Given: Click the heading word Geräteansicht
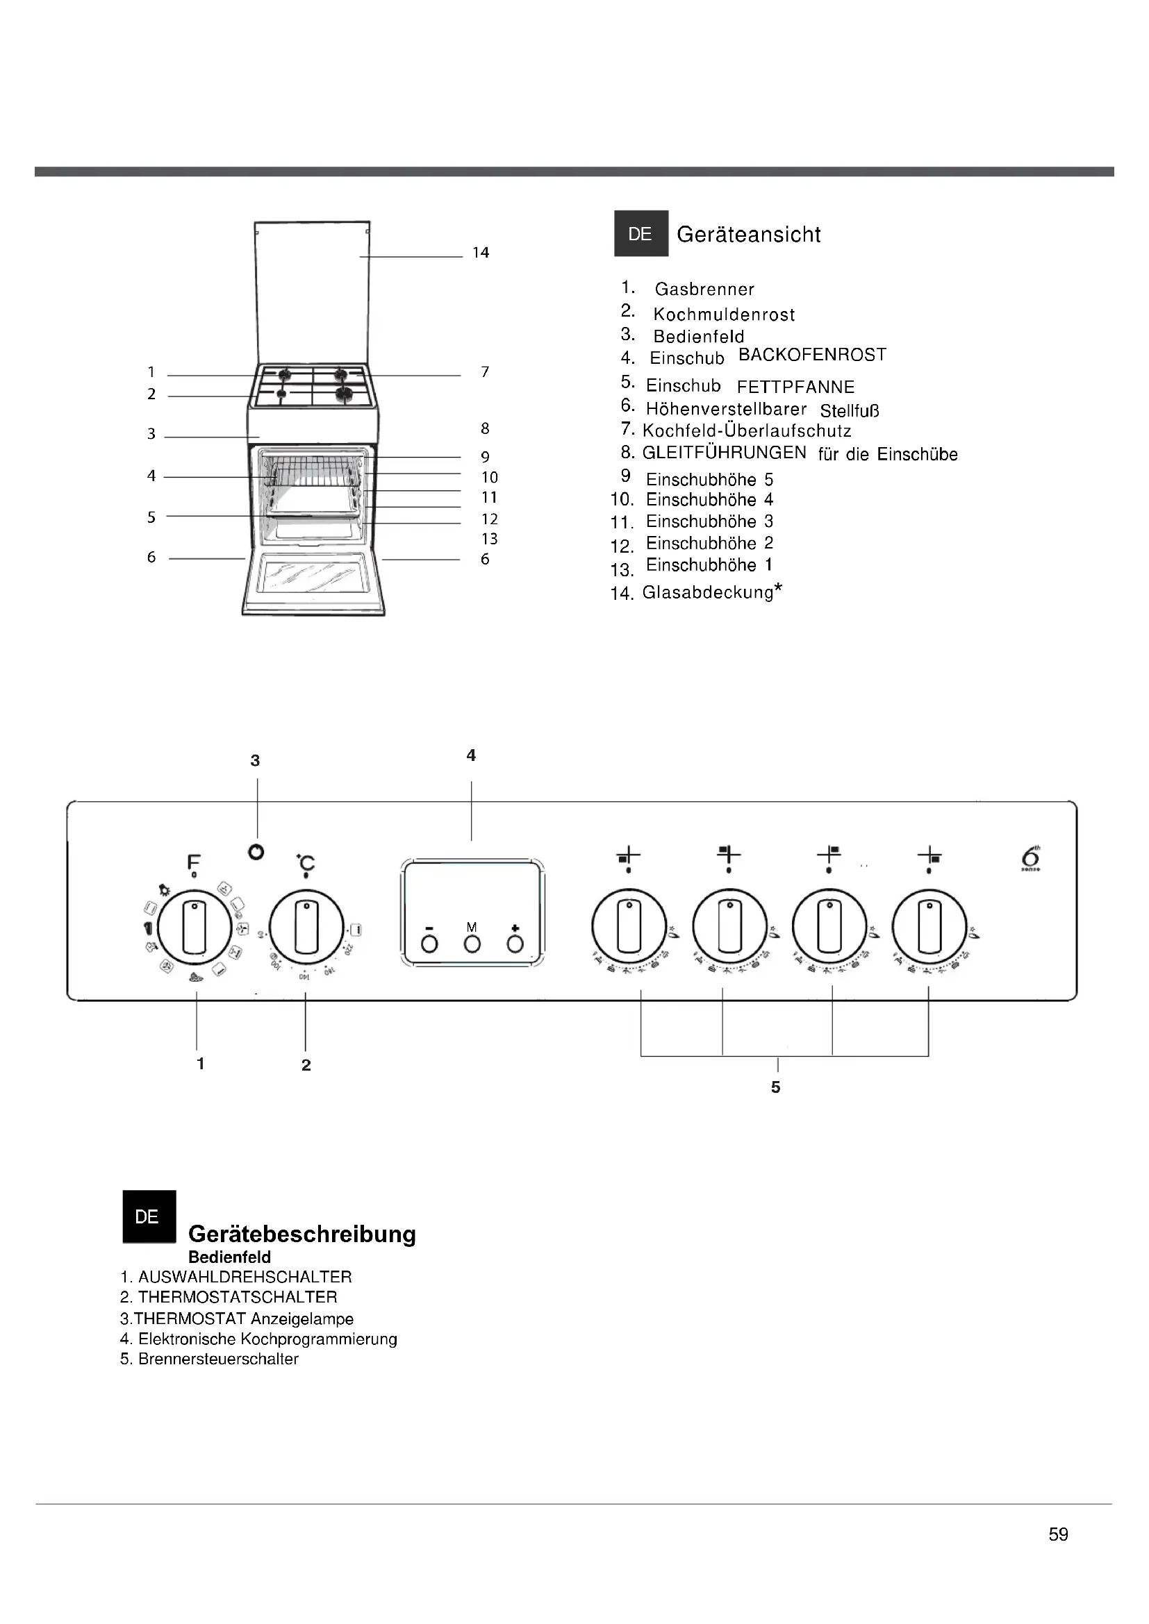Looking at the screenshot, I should click(x=749, y=234).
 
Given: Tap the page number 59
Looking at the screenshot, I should click(x=1059, y=1534).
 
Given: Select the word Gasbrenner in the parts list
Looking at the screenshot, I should click(x=704, y=290).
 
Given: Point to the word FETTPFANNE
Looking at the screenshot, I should click(x=796, y=387).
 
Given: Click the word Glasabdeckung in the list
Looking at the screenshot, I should click(x=707, y=592).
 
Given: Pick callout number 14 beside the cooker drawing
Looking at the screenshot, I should click(x=481, y=253).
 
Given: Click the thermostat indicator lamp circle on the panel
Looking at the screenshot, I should click(x=257, y=853).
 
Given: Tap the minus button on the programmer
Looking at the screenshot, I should click(x=429, y=944).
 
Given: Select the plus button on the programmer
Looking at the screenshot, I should click(x=515, y=944).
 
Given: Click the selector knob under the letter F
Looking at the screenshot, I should click(x=195, y=928).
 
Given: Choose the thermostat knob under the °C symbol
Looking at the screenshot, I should click(x=306, y=928).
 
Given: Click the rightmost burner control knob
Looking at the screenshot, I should click(x=929, y=927).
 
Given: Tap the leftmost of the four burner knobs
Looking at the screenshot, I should click(x=629, y=927).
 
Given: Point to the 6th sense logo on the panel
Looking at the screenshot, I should click(x=1030, y=858).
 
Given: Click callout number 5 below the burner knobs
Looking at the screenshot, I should click(x=775, y=1087).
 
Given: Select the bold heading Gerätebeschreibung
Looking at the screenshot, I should click(x=302, y=1234).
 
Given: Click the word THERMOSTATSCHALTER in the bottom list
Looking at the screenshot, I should click(x=238, y=1297).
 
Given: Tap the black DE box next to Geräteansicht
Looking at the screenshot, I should click(x=640, y=233).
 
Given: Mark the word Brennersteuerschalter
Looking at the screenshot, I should click(x=219, y=1359).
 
